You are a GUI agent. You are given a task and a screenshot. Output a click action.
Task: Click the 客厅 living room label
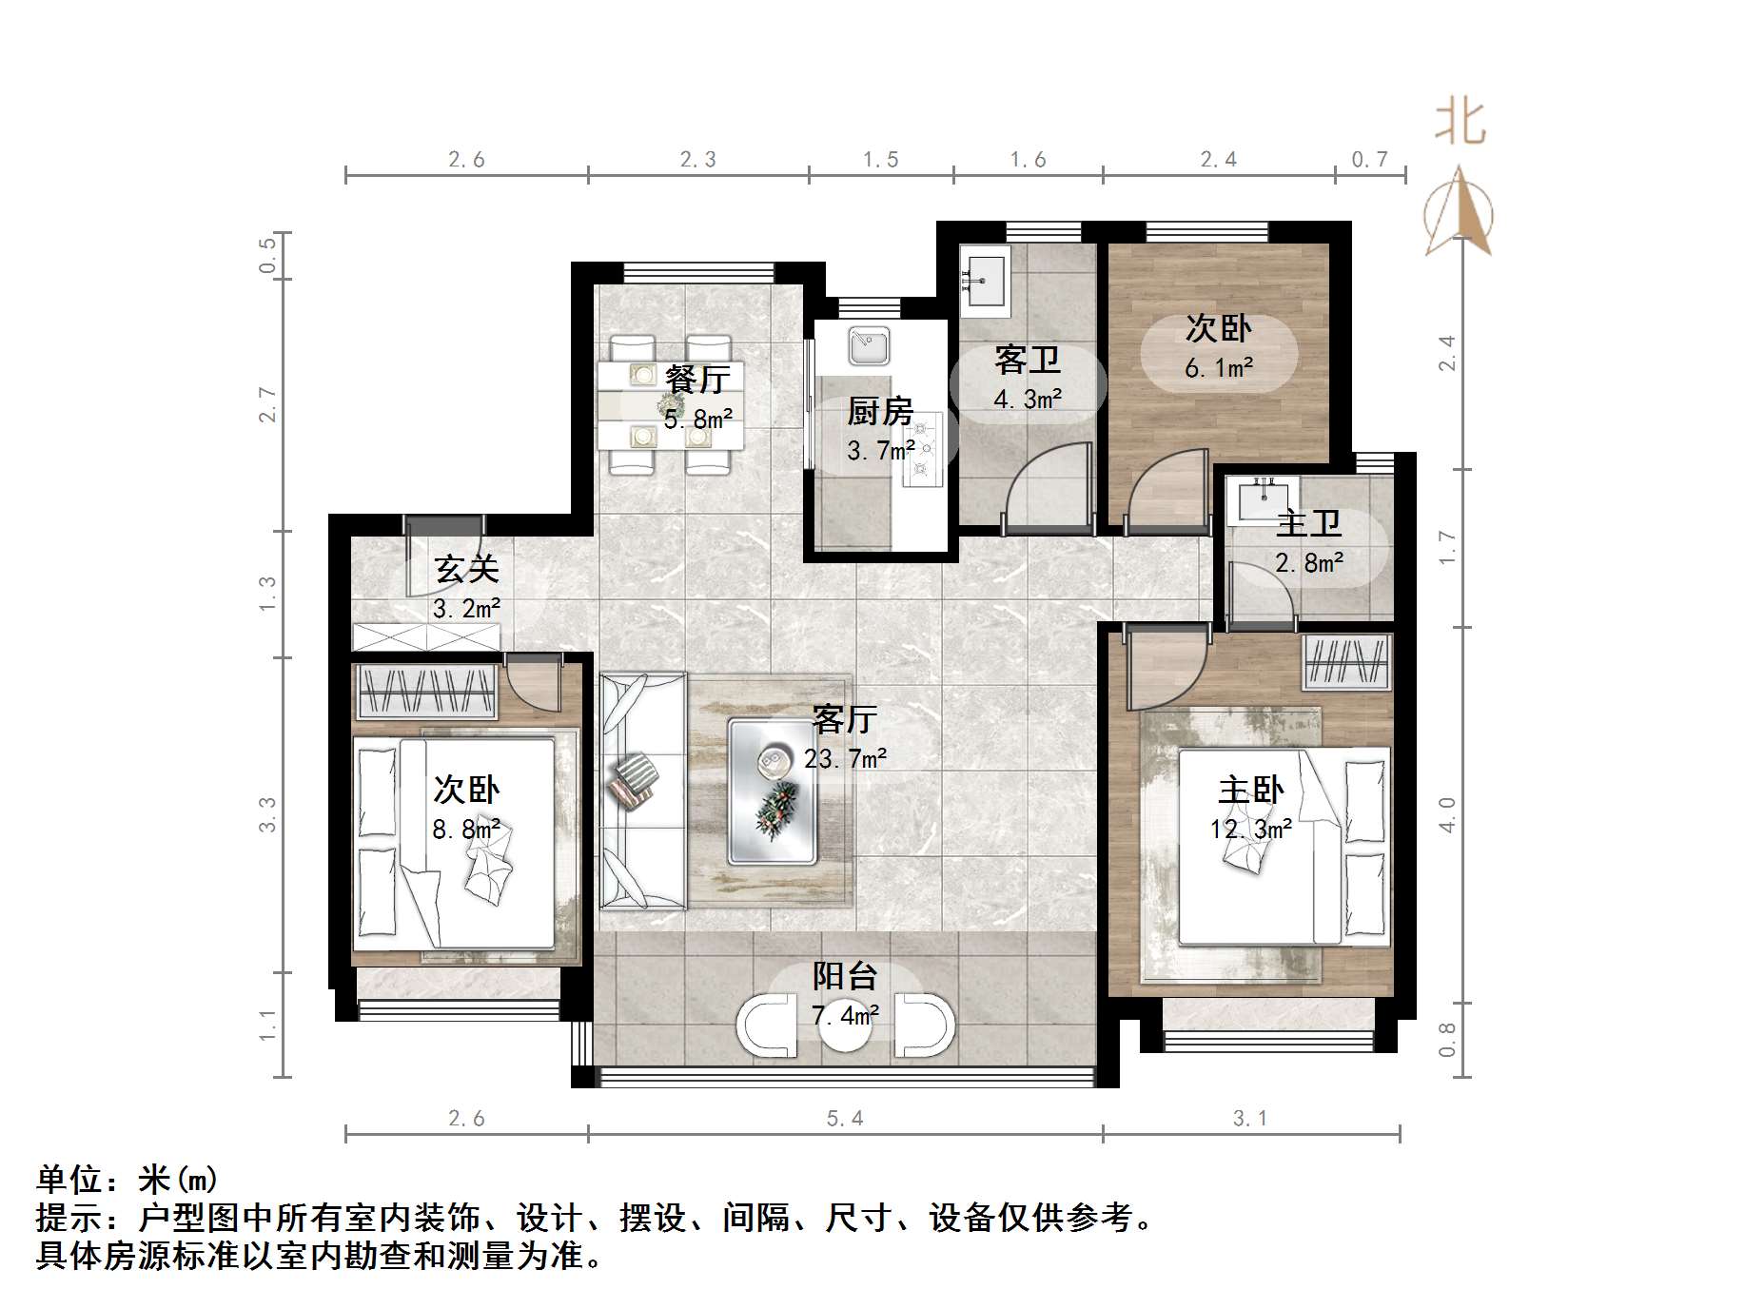(x=844, y=719)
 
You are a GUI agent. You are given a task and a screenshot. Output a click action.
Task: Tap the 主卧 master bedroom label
(x=1251, y=790)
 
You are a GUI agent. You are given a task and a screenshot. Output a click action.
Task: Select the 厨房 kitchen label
(x=880, y=411)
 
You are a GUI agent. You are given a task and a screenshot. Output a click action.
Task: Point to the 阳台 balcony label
(x=844, y=976)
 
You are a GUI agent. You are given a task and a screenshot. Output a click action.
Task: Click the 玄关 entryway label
(x=466, y=569)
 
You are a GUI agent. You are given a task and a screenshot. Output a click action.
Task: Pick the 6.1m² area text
(x=1219, y=367)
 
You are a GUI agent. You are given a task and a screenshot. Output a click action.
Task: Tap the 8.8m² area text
(x=466, y=829)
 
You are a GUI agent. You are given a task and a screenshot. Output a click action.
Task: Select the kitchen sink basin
(x=869, y=347)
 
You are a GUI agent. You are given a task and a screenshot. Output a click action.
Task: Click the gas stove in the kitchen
(x=921, y=450)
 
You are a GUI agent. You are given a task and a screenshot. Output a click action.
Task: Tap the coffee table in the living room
(x=773, y=791)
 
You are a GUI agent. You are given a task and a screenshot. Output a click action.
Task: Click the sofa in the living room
(x=643, y=791)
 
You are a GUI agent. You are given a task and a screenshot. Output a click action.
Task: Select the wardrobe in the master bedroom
(x=1346, y=660)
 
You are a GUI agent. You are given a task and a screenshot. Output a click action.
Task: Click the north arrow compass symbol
(x=1459, y=211)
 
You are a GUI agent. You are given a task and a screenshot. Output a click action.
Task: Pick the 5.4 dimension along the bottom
(x=845, y=1119)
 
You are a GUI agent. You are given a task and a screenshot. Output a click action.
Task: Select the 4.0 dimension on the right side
(x=1447, y=814)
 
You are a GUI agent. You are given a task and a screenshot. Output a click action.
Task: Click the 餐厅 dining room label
(x=697, y=379)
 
